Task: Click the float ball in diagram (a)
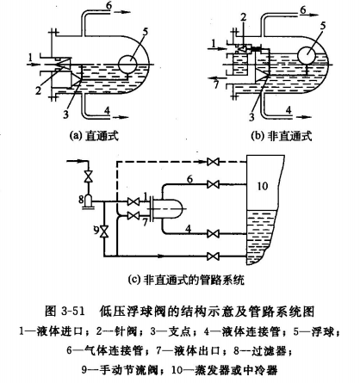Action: (127, 64)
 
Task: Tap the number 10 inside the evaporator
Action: (263, 186)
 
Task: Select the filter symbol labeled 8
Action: (88, 201)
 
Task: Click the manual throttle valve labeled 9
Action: (103, 231)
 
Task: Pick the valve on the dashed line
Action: (213, 162)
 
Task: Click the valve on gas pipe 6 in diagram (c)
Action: (213, 184)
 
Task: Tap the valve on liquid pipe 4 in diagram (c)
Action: (213, 234)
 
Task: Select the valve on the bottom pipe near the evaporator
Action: (213, 255)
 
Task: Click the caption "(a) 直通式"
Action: (95, 136)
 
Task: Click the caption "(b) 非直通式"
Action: (282, 136)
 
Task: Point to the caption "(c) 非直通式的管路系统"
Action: (186, 279)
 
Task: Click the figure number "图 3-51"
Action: (65, 312)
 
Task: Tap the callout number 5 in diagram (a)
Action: (145, 32)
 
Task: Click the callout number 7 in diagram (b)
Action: (216, 84)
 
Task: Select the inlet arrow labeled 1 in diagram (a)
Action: (35, 64)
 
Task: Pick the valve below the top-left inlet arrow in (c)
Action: (88, 176)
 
